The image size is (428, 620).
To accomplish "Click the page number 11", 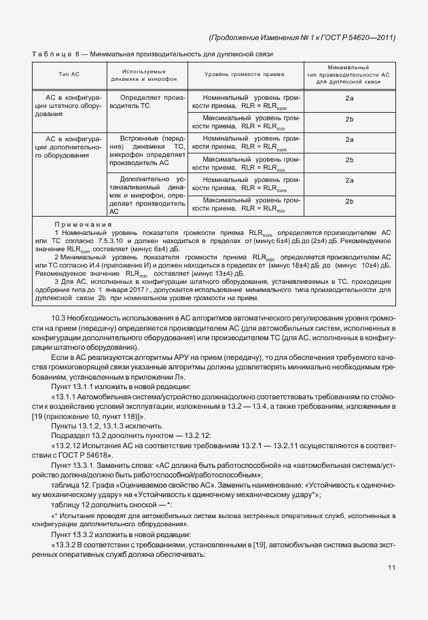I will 391,568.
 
